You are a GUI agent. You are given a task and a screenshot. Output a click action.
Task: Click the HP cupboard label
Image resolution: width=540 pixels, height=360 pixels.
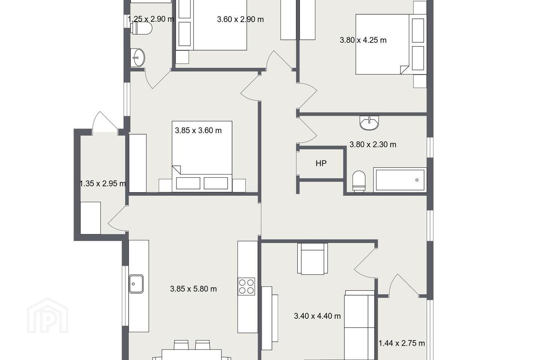click(321, 163)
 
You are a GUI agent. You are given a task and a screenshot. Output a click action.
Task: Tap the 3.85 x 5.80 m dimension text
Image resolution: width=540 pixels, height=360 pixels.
click(193, 289)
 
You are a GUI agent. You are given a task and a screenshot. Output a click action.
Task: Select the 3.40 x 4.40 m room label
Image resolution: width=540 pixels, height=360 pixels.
click(317, 316)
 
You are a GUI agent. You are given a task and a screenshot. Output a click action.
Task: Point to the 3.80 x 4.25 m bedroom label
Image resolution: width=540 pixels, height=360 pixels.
click(363, 40)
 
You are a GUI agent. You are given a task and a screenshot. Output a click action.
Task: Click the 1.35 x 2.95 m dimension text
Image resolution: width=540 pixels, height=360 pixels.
click(103, 183)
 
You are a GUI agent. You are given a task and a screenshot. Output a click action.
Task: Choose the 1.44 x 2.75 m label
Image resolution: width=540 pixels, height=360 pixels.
click(402, 343)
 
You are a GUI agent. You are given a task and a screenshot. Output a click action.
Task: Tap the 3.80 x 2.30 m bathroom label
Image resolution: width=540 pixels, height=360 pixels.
click(373, 144)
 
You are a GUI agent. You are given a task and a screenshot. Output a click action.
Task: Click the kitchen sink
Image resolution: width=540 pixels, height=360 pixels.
click(136, 284)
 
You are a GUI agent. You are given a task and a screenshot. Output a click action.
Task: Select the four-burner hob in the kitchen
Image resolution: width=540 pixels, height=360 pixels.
click(246, 286)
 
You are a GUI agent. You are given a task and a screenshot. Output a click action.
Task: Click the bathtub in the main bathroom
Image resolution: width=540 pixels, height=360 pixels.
click(400, 180)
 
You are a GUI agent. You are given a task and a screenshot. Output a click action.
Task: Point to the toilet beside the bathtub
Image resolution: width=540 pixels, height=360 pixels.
click(359, 181)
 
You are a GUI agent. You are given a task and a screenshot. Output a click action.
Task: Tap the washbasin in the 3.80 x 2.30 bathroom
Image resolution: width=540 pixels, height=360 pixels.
click(369, 123)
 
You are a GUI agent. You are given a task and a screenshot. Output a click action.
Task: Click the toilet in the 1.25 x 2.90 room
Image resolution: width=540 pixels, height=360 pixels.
click(141, 28)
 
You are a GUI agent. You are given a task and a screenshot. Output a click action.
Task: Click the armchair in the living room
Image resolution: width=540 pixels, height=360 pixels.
click(312, 258)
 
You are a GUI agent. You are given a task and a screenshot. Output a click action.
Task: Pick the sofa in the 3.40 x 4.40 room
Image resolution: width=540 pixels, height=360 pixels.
click(359, 325)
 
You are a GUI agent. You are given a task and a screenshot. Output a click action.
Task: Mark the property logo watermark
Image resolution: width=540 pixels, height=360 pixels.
click(48, 316)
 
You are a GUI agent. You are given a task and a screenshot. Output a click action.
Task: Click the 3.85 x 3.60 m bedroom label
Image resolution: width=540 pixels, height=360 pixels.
click(198, 130)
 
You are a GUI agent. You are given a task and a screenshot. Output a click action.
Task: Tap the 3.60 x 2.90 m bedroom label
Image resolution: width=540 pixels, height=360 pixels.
click(240, 19)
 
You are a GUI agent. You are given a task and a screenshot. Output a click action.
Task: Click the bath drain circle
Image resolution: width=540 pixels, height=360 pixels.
click(417, 180)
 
